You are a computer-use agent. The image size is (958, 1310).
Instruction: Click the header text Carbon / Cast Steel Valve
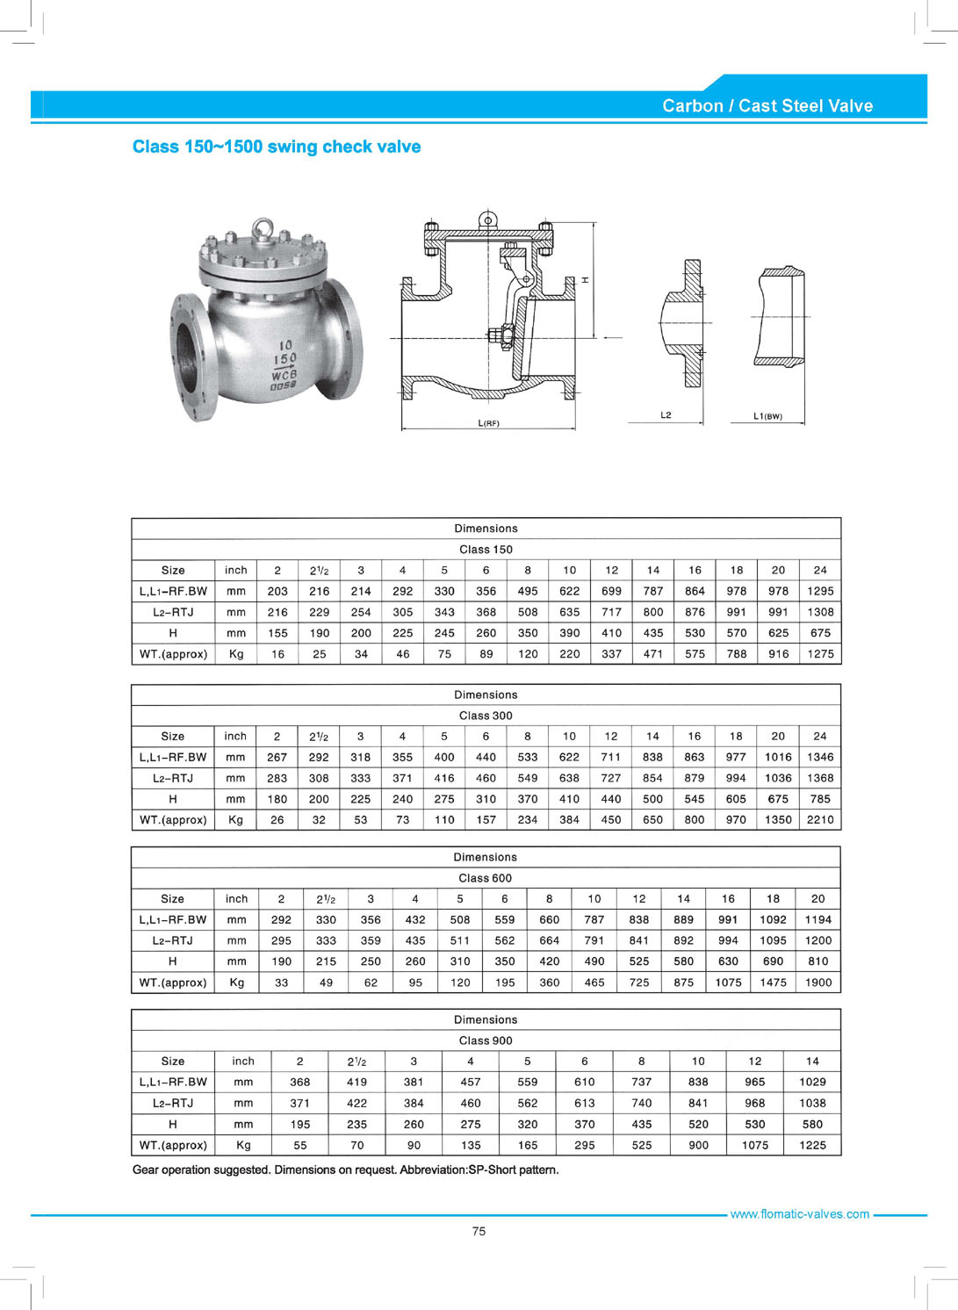[x=767, y=106]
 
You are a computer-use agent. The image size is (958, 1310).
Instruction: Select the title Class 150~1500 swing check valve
[x=277, y=147]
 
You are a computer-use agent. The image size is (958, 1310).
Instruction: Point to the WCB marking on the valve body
[x=284, y=374]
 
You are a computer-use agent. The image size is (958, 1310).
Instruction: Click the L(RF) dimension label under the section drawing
[x=488, y=423]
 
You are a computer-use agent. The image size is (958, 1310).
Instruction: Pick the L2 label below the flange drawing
[x=666, y=414]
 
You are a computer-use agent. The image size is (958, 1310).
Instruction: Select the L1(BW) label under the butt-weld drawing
[x=767, y=416]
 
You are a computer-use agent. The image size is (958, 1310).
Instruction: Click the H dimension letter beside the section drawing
[x=586, y=280]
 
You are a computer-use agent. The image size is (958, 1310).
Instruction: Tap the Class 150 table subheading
[x=486, y=550]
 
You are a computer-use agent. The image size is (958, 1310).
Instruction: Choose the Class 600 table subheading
[x=485, y=878]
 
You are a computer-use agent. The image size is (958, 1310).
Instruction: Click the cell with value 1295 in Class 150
[x=820, y=591]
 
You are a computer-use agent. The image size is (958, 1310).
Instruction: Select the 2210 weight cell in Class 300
[x=820, y=820]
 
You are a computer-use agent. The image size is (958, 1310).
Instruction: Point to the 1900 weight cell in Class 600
[x=818, y=982]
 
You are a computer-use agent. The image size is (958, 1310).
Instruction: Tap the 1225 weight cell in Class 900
[x=812, y=1145]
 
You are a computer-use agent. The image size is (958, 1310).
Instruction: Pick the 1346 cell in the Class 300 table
[x=820, y=757]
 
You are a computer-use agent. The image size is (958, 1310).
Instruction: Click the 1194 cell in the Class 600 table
[x=818, y=919]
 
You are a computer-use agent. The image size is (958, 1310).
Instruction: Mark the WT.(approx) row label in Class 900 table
[x=173, y=1145]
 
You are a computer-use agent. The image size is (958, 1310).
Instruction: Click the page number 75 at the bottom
[x=479, y=1231]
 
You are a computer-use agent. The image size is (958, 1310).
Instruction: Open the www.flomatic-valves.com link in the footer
[x=799, y=1214]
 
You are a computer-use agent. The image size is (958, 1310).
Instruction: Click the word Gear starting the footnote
[x=147, y=1170]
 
